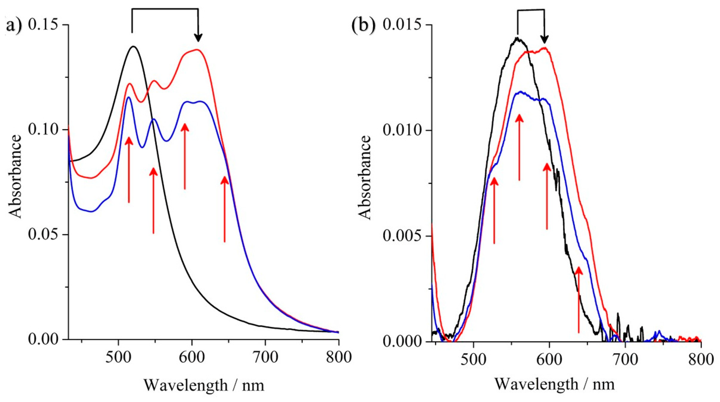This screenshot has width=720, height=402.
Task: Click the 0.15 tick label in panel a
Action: click(x=44, y=25)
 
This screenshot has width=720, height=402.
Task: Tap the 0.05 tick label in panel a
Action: click(x=44, y=234)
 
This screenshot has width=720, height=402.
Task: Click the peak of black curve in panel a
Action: click(x=134, y=46)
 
